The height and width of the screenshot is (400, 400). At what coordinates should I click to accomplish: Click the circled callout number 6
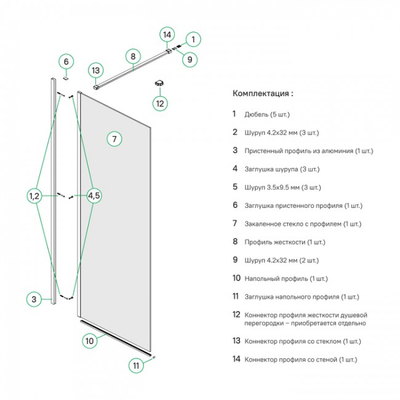click(x=66, y=62)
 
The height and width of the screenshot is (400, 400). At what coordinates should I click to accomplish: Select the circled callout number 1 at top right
click(x=193, y=39)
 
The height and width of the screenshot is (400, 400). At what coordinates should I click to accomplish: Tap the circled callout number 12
click(x=161, y=103)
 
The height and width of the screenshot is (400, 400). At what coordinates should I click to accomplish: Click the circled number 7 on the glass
click(x=114, y=138)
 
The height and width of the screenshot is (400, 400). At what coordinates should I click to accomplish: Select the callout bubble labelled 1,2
click(x=34, y=196)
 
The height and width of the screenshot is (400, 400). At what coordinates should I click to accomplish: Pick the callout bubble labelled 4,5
click(x=94, y=196)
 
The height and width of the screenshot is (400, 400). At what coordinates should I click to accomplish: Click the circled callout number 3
click(x=35, y=300)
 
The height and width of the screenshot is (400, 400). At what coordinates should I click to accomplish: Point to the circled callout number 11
click(x=137, y=366)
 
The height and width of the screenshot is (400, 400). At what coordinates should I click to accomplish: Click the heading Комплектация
click(x=263, y=94)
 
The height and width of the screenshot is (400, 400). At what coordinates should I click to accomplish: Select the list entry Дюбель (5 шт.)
click(x=266, y=114)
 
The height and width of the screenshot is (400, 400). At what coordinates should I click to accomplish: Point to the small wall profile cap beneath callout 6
click(x=66, y=78)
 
